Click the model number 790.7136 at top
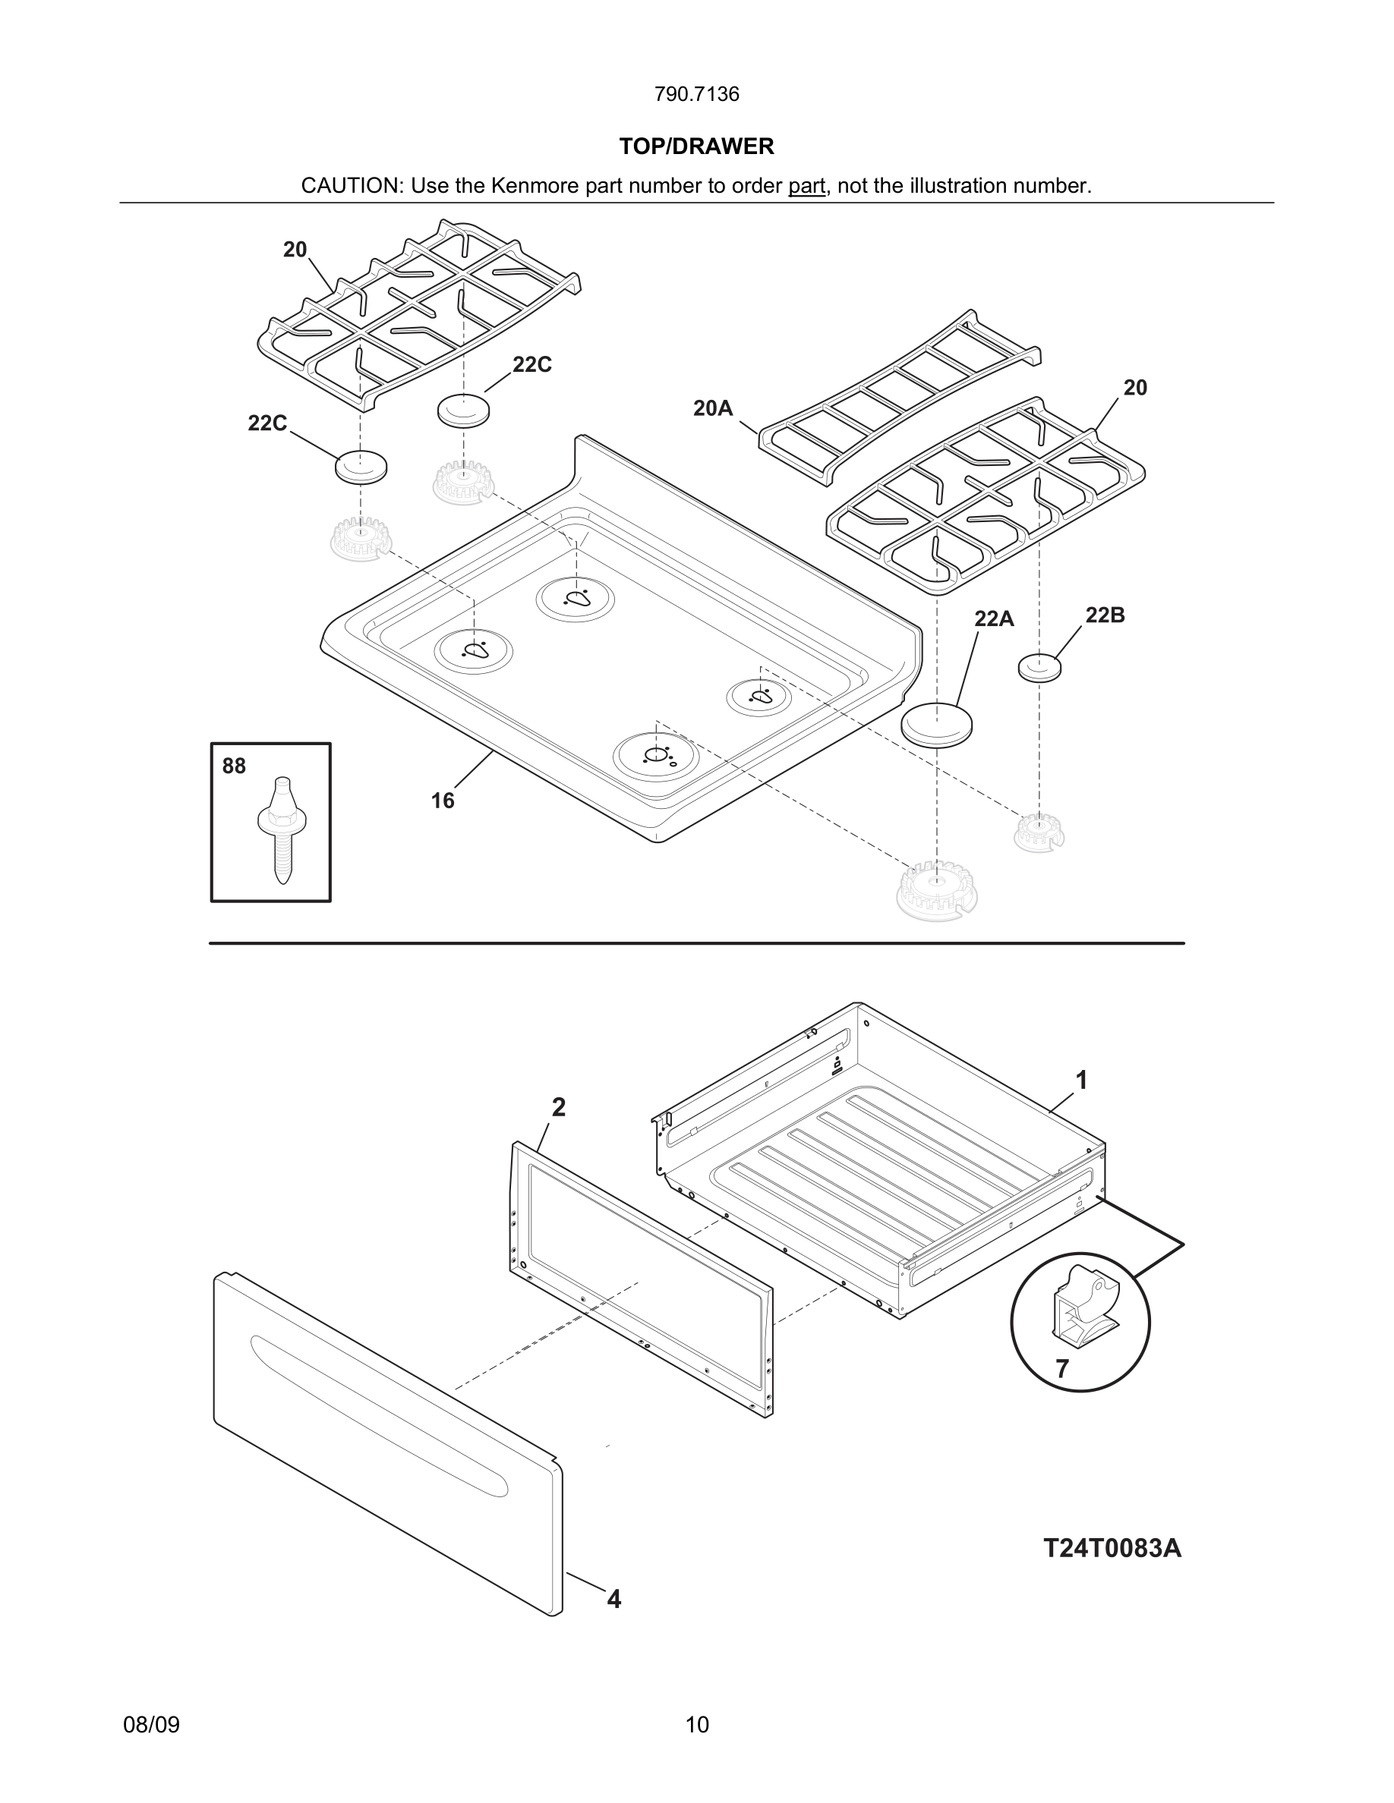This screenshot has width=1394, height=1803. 696,94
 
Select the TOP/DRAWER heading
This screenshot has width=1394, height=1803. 696,146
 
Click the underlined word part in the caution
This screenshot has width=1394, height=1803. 806,186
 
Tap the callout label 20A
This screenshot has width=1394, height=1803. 713,407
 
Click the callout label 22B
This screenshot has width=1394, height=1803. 1104,615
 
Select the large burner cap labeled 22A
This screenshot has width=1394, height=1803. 935,724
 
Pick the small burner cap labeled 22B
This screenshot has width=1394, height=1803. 1039,667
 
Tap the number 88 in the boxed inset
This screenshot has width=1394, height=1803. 234,766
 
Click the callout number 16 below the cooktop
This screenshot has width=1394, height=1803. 442,800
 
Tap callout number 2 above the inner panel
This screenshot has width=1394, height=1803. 558,1108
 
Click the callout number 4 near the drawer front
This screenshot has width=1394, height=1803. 613,1599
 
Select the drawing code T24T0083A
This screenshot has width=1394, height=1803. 1112,1547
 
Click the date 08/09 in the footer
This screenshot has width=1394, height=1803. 151,1725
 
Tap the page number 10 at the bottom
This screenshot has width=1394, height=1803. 696,1725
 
